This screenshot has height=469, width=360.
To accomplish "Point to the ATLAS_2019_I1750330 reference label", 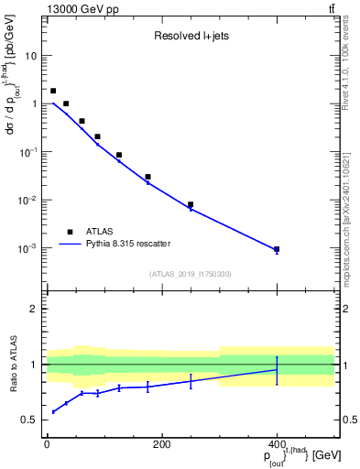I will pos(191,274).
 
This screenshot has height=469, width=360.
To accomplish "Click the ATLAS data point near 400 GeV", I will pos(276,249).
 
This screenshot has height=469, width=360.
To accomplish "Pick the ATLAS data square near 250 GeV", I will pos(191,204).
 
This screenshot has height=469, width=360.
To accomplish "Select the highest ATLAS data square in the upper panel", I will pos(53,91).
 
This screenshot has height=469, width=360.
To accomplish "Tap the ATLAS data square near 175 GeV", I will pos(147,177).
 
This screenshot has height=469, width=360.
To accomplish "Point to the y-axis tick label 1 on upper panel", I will pos(35,104).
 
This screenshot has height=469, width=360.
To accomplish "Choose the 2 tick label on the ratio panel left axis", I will pos(35,310).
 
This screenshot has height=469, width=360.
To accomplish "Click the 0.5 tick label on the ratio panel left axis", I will pos(29,420).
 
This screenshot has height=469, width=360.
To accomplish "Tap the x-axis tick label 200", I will pos(161,445).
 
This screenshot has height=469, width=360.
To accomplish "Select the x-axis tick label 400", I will pos(276,445).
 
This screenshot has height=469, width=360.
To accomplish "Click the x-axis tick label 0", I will pos(47,445).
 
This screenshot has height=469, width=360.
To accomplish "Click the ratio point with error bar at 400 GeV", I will pos(276,370).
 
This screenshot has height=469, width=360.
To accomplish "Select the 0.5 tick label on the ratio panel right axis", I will pos(348,420).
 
